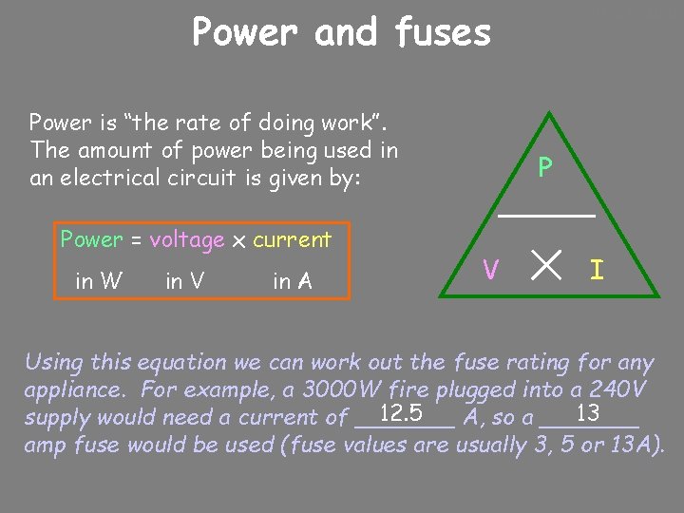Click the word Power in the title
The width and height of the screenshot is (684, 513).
click(x=241, y=32)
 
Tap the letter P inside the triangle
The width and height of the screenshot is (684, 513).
click(x=545, y=168)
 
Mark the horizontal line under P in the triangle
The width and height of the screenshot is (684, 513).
click(x=547, y=217)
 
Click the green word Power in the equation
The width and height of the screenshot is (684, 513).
click(x=91, y=240)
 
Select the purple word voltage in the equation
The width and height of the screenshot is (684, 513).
click(x=187, y=240)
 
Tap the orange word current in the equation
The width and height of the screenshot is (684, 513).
click(x=293, y=240)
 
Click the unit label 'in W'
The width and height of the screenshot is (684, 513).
click(x=99, y=280)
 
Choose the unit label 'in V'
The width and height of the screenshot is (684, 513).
click(x=187, y=280)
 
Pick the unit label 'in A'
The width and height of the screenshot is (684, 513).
click(x=293, y=280)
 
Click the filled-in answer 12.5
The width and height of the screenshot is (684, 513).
click(x=400, y=414)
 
